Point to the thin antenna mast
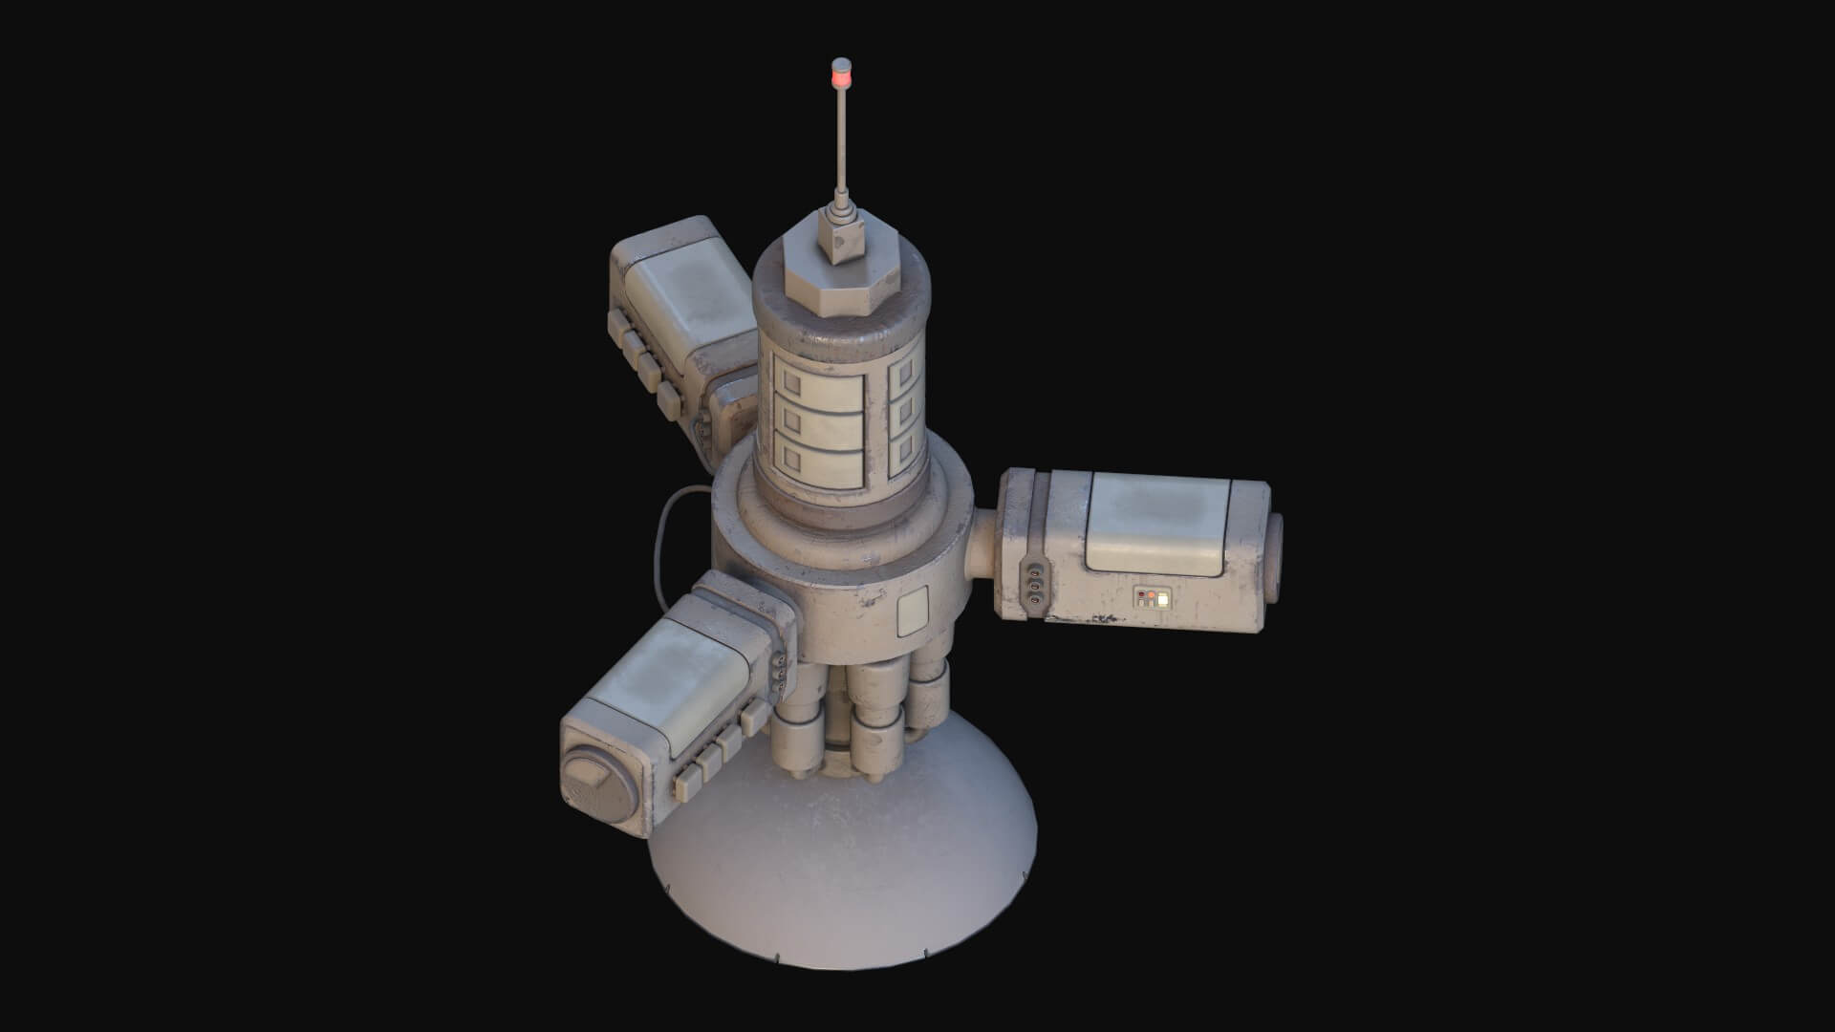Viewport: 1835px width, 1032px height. [x=842, y=153]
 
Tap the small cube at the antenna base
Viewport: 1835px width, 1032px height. [x=840, y=238]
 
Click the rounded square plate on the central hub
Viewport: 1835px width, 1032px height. [x=914, y=611]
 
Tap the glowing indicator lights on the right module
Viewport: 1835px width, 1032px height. [x=1153, y=599]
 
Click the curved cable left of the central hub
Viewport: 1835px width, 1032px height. [x=661, y=535]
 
